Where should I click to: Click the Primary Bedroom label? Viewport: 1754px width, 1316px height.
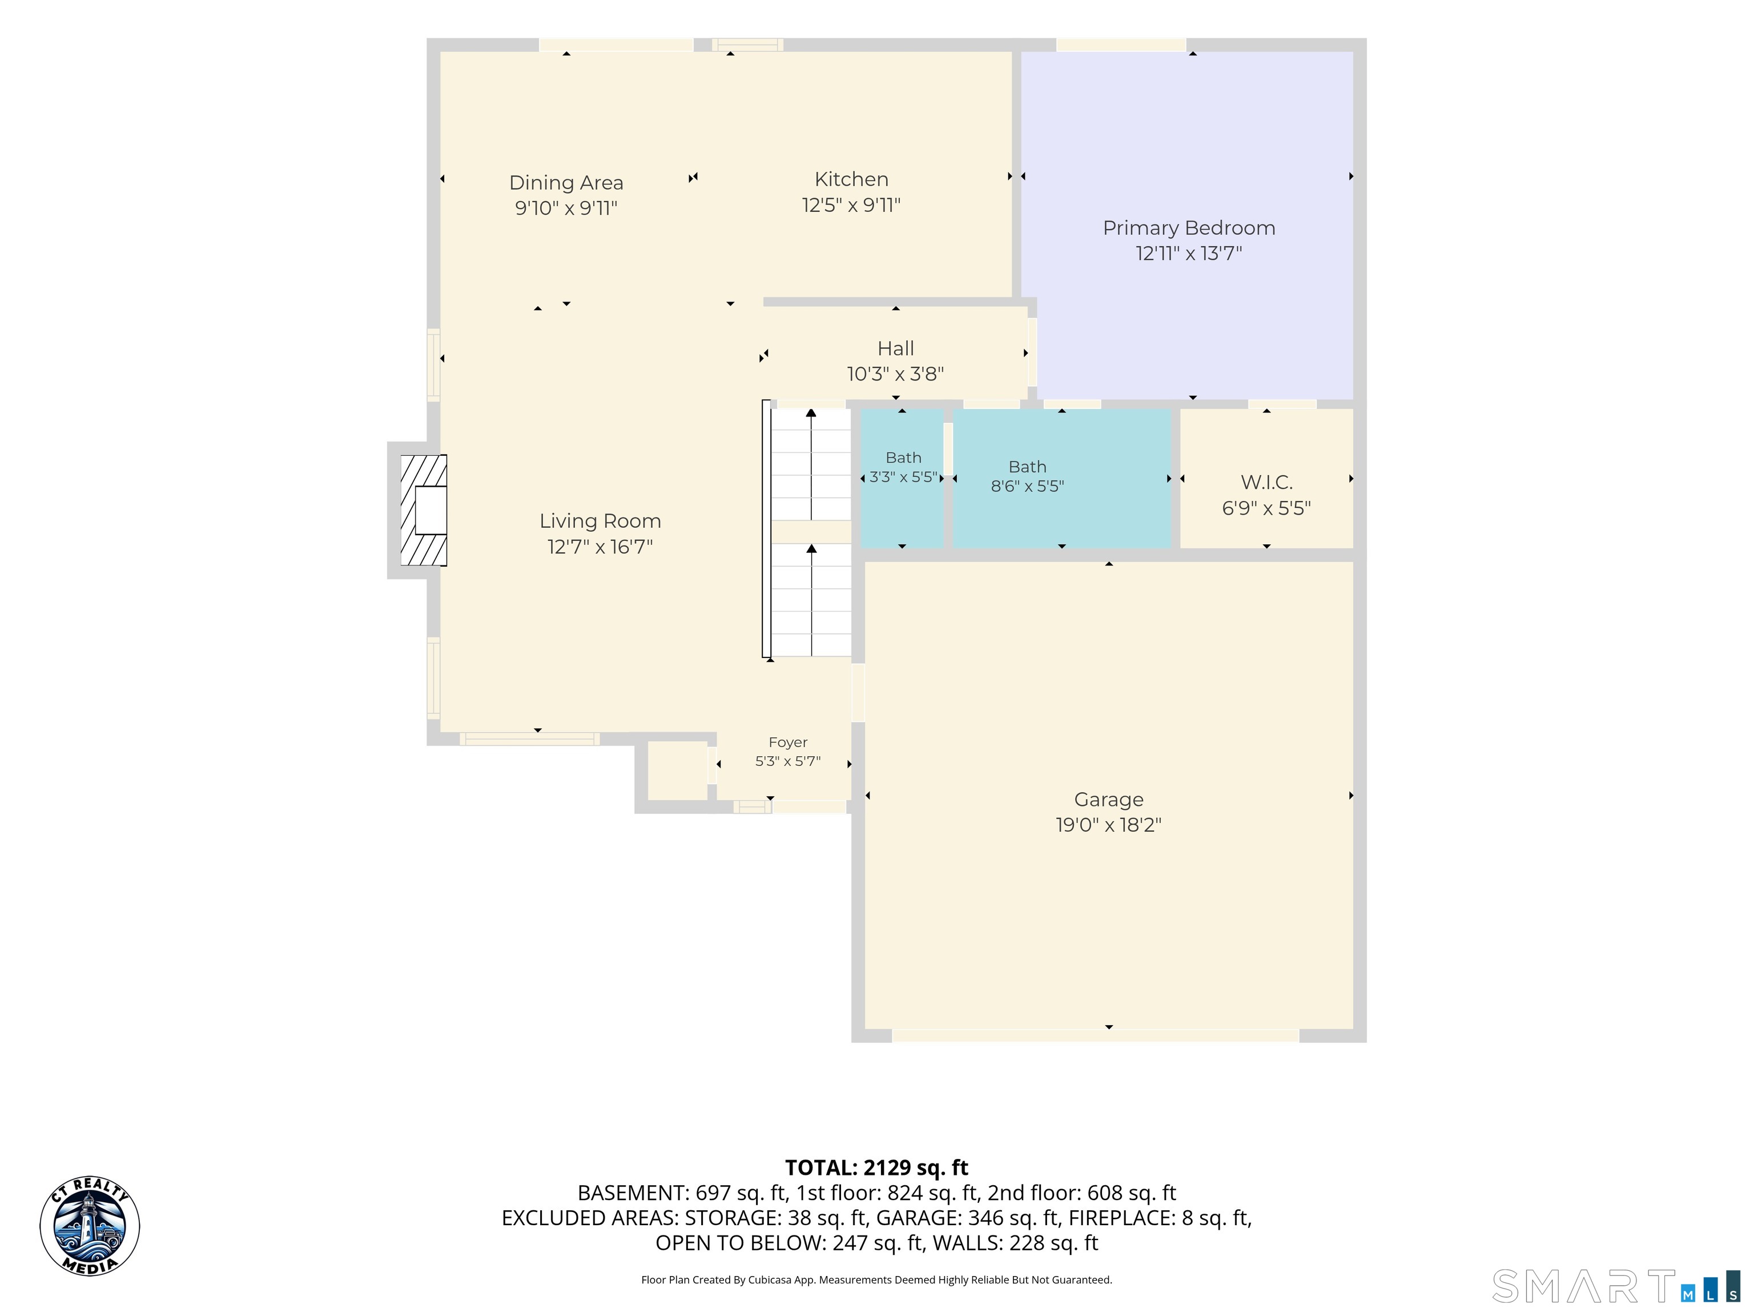pyautogui.click(x=1189, y=228)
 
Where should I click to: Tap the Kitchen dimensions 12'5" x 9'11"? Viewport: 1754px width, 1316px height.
pyautogui.click(x=851, y=206)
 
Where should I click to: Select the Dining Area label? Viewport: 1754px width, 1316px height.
pyautogui.click(x=566, y=183)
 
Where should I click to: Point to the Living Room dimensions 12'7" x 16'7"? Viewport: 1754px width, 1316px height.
pyautogui.click(x=600, y=547)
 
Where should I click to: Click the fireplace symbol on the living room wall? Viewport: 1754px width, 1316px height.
pyautogui.click(x=424, y=510)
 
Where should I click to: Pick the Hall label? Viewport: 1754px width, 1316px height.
pyautogui.click(x=896, y=348)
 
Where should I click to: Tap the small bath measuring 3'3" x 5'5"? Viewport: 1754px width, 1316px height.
pyautogui.click(x=902, y=478)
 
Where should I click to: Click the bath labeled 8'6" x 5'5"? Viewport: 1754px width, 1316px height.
pyautogui.click(x=1062, y=478)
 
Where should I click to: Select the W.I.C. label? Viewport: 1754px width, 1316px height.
pyautogui.click(x=1266, y=482)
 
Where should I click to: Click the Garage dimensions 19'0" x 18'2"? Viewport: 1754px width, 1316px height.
pyautogui.click(x=1109, y=825)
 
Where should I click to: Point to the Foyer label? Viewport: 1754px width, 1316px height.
pyautogui.click(x=788, y=743)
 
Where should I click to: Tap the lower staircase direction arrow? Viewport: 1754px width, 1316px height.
pyautogui.click(x=811, y=600)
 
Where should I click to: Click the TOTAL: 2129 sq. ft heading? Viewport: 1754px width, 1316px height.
pyautogui.click(x=876, y=1167)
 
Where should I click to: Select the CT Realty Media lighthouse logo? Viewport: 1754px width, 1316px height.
pyautogui.click(x=90, y=1226)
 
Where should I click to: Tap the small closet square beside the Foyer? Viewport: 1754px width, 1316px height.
pyautogui.click(x=677, y=771)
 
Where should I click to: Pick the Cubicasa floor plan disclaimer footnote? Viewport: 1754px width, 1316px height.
pyautogui.click(x=876, y=1279)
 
